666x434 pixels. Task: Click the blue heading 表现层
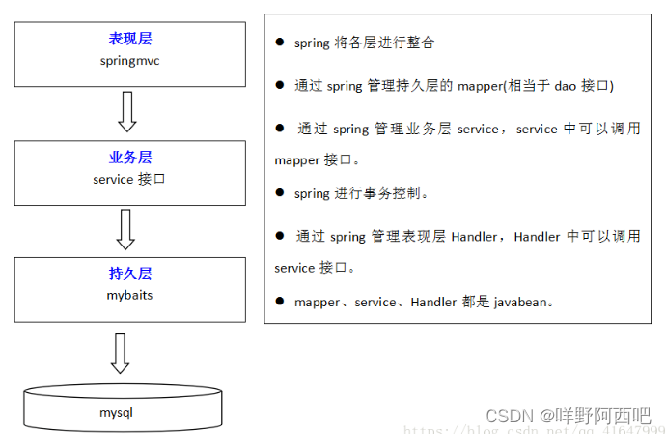[130, 39]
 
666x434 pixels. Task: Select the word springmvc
[130, 60]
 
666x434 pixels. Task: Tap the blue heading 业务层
[130, 158]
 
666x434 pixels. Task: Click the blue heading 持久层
[130, 274]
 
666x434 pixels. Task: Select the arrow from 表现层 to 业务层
[126, 111]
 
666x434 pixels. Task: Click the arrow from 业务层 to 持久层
[125, 229]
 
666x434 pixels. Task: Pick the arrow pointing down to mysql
[120, 353]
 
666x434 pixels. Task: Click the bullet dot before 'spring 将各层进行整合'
[280, 43]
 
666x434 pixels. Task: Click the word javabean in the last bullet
[521, 302]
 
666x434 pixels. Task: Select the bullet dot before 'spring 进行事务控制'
[280, 192]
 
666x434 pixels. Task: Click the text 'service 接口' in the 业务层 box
[130, 179]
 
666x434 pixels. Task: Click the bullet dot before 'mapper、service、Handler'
[280, 301]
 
